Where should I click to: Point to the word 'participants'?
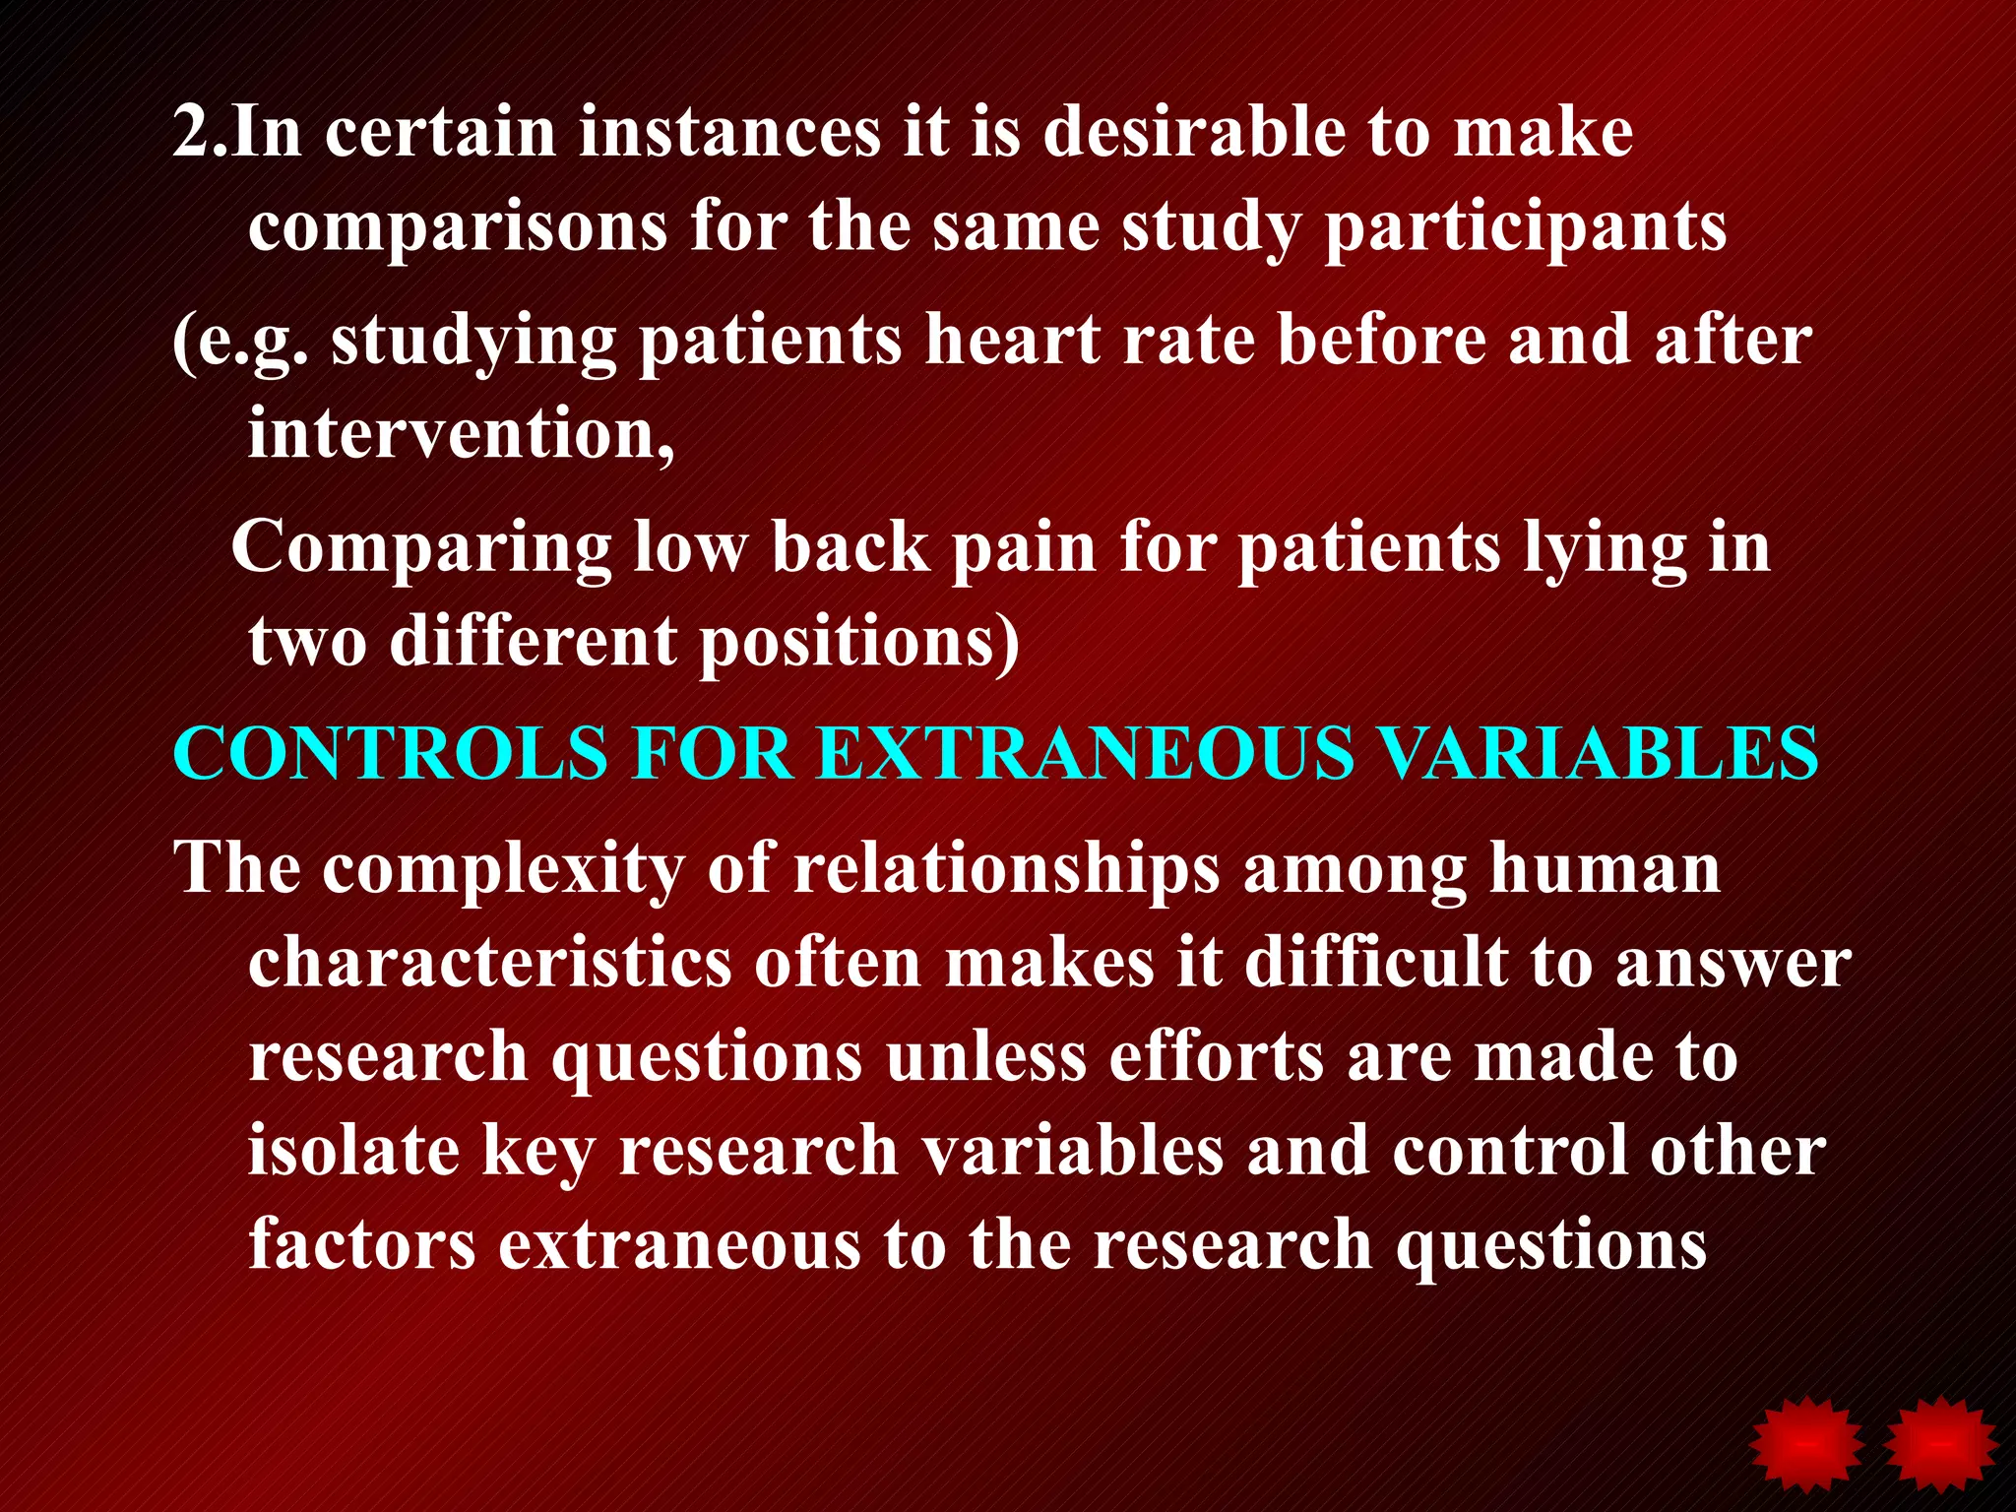(x=1525, y=228)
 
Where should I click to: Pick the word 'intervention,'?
(x=461, y=433)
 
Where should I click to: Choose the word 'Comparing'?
(x=420, y=549)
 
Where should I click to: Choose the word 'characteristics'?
(x=489, y=962)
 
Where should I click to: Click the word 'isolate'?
(x=352, y=1151)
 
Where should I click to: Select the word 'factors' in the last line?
(x=362, y=1244)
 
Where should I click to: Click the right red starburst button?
(x=1940, y=1445)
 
